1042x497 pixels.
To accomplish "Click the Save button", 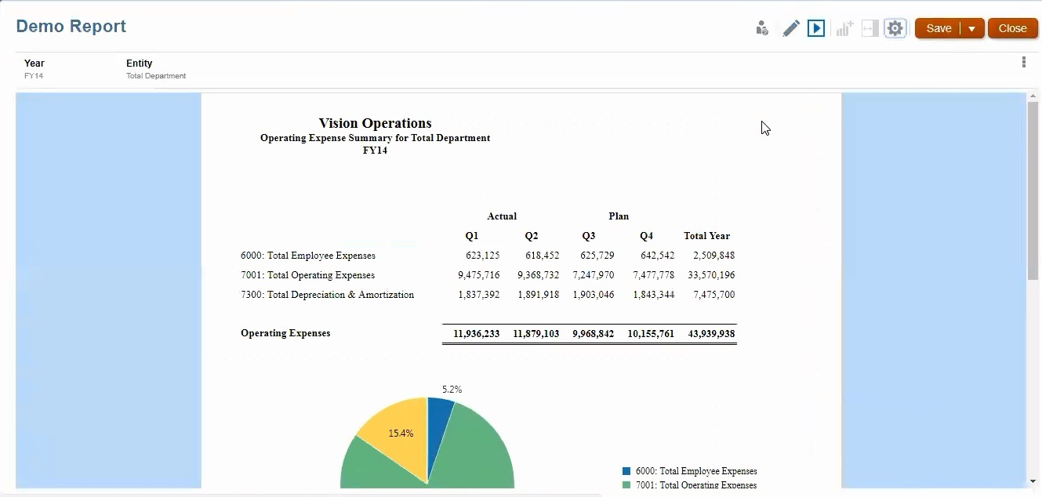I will click(x=939, y=28).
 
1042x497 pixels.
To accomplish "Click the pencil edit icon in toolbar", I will click(x=791, y=29).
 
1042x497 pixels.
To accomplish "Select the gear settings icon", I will click(x=895, y=29).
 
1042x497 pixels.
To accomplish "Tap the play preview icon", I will click(x=816, y=29).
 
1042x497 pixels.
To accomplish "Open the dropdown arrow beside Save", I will click(x=972, y=29).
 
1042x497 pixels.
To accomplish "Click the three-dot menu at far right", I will click(x=1023, y=63).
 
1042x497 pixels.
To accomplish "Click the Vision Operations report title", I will click(x=375, y=123).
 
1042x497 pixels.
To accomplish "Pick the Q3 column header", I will click(x=588, y=236).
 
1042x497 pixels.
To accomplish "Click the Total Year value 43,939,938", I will click(x=711, y=334).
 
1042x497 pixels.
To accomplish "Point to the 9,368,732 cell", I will click(x=538, y=275).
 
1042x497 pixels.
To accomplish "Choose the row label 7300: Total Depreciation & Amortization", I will click(x=327, y=295).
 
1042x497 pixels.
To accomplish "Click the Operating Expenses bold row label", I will click(x=285, y=333).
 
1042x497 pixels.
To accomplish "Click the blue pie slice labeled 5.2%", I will click(x=439, y=412).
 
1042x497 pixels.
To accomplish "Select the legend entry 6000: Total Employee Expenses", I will click(x=695, y=471).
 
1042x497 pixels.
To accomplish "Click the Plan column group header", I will click(x=618, y=216).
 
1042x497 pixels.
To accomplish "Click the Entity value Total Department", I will click(x=156, y=76).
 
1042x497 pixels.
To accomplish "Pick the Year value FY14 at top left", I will click(x=34, y=76).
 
